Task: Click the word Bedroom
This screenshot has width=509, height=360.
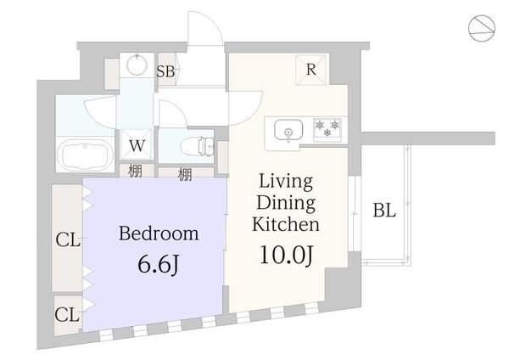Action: [159, 233]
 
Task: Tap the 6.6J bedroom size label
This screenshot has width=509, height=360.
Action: [159, 265]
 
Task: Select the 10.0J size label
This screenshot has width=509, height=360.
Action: [287, 255]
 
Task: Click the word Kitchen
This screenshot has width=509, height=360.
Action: [286, 224]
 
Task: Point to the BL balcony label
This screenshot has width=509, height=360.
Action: [384, 210]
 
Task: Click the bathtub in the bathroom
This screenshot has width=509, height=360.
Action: [85, 155]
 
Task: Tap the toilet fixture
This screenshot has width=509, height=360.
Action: [197, 147]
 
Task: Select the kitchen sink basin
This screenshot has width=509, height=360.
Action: [288, 130]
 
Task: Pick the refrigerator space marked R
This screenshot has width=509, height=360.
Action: [310, 70]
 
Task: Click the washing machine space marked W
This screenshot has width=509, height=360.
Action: [137, 145]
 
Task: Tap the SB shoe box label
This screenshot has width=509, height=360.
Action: [165, 71]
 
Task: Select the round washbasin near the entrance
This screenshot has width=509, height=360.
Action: [137, 65]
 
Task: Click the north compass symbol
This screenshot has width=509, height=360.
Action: [482, 28]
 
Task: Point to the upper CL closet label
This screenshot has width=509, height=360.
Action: [68, 240]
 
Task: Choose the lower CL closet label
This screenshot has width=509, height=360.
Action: [67, 314]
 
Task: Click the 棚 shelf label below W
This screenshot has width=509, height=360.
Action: [135, 171]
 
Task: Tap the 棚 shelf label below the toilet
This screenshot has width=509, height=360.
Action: [185, 175]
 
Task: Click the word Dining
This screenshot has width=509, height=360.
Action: [286, 203]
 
